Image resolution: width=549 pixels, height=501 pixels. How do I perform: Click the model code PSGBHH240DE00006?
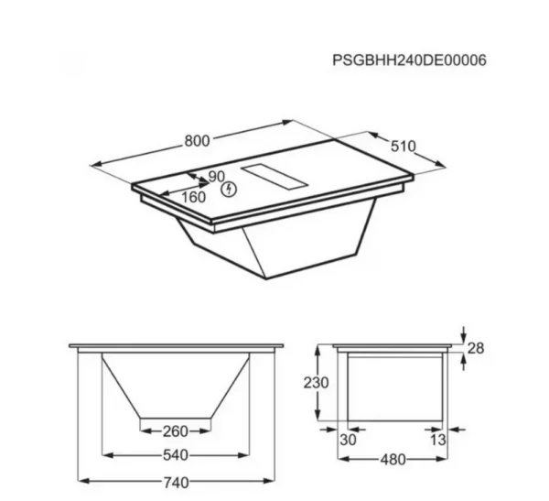(409, 60)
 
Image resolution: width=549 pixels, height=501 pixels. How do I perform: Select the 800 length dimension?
(197, 141)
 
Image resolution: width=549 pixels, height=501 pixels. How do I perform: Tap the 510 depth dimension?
(403, 147)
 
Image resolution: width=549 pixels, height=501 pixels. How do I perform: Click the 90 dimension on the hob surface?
(216, 177)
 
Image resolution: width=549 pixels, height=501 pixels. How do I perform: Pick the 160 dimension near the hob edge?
(194, 198)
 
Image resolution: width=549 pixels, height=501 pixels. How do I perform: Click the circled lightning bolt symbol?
(229, 190)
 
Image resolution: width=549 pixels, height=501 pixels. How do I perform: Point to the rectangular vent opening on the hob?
(274, 176)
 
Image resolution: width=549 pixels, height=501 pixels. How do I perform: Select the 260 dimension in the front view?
(176, 431)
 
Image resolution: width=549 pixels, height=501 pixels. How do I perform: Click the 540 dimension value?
(176, 455)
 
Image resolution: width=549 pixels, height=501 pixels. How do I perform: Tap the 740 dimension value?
(176, 483)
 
